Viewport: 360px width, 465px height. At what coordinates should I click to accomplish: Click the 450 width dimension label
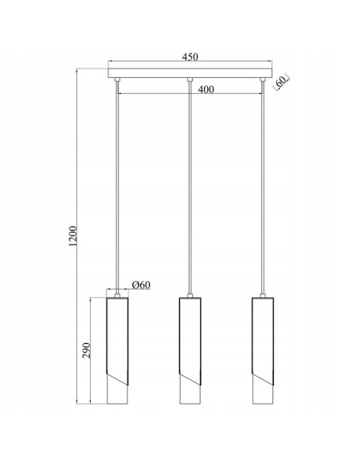(189, 57)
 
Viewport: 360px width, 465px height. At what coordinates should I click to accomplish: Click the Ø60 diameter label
(142, 285)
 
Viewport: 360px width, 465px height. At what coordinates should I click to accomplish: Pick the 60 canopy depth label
(280, 81)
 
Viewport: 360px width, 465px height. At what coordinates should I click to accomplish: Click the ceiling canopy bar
(189, 73)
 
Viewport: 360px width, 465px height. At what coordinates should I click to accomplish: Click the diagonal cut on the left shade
(117, 374)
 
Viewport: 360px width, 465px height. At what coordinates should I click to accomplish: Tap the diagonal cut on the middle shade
(189, 374)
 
